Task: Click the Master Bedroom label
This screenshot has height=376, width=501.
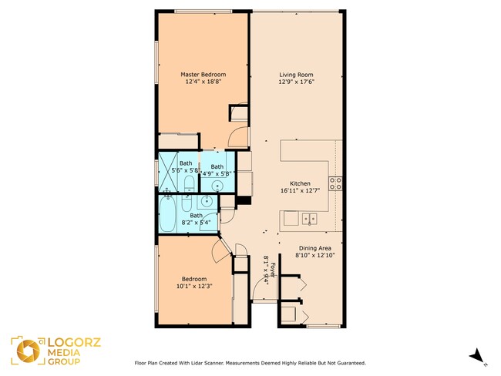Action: click(203, 75)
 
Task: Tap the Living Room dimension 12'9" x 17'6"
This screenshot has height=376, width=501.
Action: click(296, 82)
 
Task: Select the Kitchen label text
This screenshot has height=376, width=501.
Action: click(300, 183)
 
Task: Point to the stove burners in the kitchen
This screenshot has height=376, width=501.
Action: click(335, 183)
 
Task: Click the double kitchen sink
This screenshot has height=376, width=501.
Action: click(309, 219)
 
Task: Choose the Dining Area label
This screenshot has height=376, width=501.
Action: click(315, 248)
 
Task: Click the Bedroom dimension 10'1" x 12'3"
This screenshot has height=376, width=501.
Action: click(194, 286)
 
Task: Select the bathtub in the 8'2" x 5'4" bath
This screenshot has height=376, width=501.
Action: click(167, 213)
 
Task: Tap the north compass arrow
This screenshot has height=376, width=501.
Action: click(476, 355)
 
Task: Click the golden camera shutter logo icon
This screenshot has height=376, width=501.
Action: click(28, 351)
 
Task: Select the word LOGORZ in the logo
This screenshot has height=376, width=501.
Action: click(74, 342)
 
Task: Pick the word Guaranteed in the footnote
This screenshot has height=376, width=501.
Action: click(353, 363)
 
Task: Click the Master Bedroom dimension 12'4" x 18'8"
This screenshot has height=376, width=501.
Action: click(203, 82)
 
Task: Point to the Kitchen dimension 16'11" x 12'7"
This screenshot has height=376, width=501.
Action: click(300, 191)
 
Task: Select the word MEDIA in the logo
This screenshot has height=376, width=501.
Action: click(64, 353)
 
